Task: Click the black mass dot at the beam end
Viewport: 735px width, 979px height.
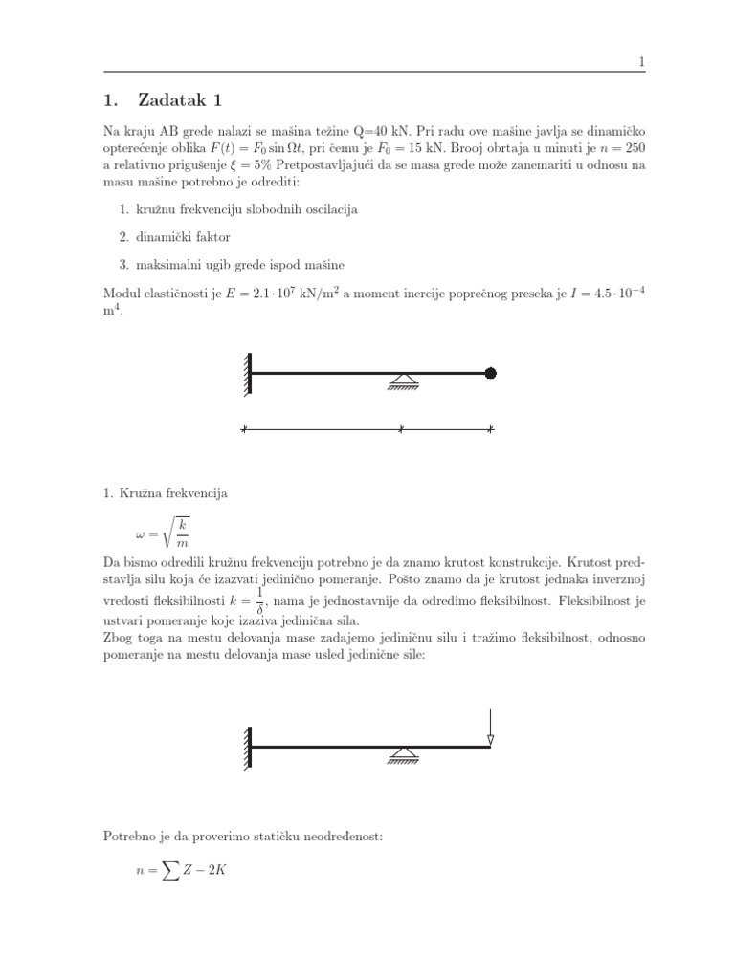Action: tap(491, 374)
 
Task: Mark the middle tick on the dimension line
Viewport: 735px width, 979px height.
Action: tap(400, 430)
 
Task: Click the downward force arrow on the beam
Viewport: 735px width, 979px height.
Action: tap(490, 726)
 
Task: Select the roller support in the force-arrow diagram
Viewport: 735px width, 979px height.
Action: tap(401, 757)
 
